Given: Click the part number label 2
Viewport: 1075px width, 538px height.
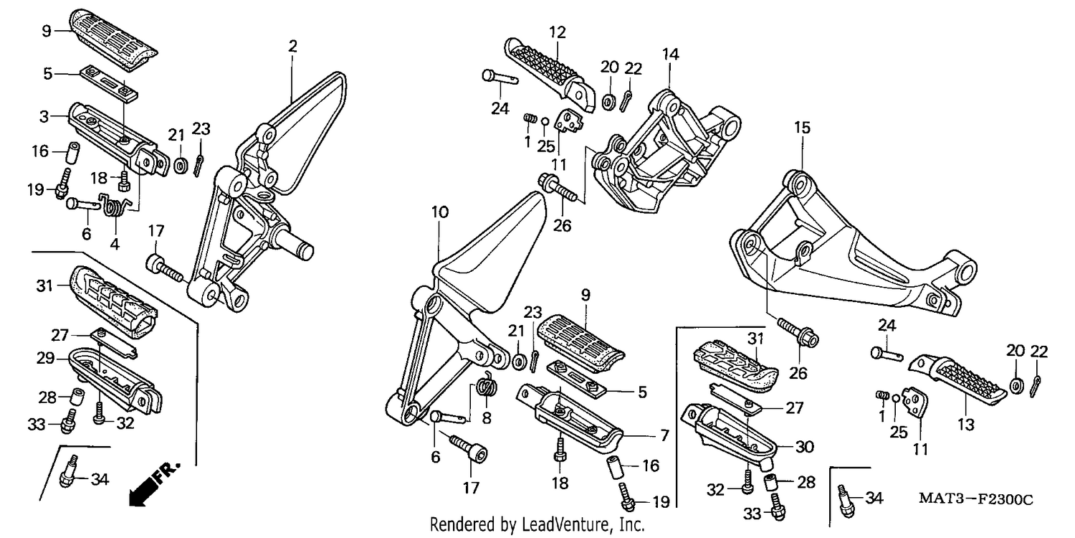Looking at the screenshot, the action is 292,47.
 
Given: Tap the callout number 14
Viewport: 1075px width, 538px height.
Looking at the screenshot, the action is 670,55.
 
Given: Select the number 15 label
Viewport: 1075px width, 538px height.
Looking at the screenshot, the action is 802,128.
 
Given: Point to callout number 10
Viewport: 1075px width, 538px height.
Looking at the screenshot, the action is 439,212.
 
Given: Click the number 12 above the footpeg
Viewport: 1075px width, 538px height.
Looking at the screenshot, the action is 557,33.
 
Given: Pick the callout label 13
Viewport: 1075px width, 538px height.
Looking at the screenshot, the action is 965,425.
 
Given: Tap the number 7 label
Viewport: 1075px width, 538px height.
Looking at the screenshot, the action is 664,435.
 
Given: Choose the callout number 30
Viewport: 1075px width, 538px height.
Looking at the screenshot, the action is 805,447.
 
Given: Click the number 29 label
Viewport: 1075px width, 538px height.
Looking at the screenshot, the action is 46,359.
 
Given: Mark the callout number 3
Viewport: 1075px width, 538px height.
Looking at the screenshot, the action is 44,116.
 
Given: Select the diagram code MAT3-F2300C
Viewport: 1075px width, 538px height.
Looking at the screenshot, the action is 975,499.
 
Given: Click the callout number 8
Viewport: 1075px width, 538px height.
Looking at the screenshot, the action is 487,418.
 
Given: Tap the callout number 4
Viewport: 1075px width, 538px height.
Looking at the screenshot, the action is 114,244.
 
